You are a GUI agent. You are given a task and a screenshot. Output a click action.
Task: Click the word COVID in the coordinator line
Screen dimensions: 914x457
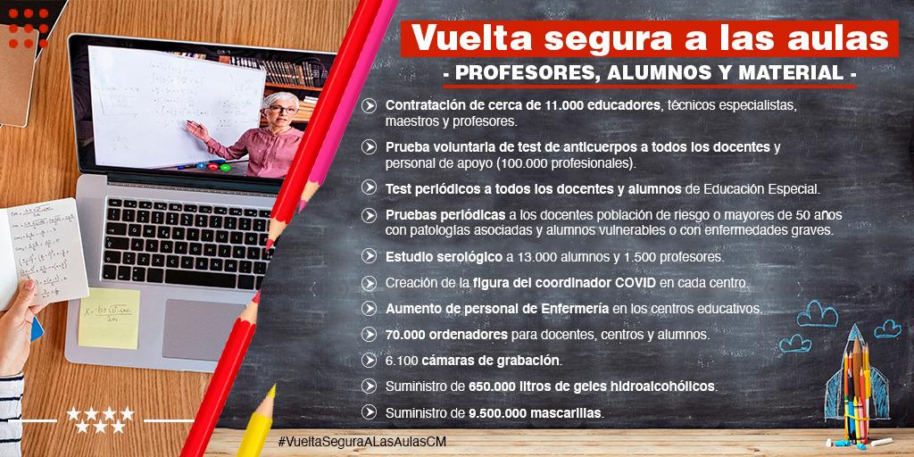tap(636, 283)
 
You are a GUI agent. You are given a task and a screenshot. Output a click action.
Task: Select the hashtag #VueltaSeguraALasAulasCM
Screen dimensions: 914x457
tap(362, 442)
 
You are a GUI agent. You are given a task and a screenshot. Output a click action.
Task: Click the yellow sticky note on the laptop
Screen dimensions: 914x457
tap(109, 319)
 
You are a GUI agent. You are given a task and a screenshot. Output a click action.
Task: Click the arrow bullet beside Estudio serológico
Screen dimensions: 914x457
tap(369, 256)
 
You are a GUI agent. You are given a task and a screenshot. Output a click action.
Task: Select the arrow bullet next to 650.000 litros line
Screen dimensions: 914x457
tap(369, 386)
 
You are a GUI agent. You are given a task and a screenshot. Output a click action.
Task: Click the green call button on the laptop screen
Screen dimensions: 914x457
tap(224, 168)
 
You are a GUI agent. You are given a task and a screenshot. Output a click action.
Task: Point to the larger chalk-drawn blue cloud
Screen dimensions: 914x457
tap(818, 314)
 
